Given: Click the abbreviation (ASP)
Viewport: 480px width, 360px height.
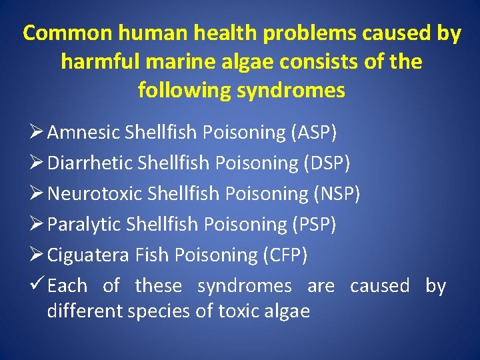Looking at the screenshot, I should [x=314, y=132].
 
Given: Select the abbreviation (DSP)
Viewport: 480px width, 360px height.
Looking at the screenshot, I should [x=326, y=163].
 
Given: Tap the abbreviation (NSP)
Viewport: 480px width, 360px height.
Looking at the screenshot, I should [x=337, y=193].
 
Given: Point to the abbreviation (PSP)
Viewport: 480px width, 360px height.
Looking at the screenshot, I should [x=314, y=224].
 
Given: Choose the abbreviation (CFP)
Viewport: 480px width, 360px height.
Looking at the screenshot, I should [x=285, y=255].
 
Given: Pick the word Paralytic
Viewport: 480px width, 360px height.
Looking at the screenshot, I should [x=85, y=224].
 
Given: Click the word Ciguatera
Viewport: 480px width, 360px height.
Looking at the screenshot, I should [x=88, y=255].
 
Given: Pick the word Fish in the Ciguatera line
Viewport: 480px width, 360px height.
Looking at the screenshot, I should [x=153, y=255].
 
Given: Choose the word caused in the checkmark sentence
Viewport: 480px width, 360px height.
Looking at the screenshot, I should [x=380, y=285].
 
